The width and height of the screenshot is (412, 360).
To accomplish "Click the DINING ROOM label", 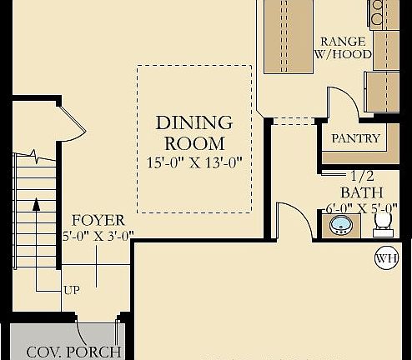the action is pyautogui.click(x=193, y=132).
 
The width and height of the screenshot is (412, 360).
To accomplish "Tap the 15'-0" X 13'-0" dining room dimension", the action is pyautogui.click(x=194, y=163).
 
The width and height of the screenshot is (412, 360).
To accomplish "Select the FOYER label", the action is pyautogui.click(x=98, y=221).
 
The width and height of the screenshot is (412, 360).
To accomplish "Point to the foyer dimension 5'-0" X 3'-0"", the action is pyautogui.click(x=98, y=237).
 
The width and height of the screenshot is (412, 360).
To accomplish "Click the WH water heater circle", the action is pyautogui.click(x=387, y=258).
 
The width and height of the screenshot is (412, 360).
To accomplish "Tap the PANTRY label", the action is pyautogui.click(x=355, y=138).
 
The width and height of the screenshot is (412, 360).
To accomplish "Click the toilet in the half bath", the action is pyautogui.click(x=384, y=224).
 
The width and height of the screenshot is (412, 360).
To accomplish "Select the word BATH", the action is pyautogui.click(x=362, y=192).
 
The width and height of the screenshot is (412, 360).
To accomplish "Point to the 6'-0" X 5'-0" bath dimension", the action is pyautogui.click(x=361, y=208).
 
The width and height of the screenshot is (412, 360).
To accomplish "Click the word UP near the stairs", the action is pyautogui.click(x=72, y=290).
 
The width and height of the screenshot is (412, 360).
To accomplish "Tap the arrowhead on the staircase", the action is pyautogui.click(x=36, y=204).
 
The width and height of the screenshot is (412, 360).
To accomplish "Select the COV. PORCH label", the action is pyautogui.click(x=74, y=352).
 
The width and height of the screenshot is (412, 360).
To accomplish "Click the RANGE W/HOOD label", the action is pyautogui.click(x=343, y=47).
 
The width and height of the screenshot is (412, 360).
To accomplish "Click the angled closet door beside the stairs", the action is pyautogui.click(x=73, y=118).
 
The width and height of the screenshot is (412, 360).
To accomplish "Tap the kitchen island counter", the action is pyautogui.click(x=289, y=37).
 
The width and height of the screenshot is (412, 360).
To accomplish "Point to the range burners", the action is pyautogui.click(x=377, y=12).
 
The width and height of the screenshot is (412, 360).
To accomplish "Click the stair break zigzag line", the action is pyautogui.click(x=35, y=157).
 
